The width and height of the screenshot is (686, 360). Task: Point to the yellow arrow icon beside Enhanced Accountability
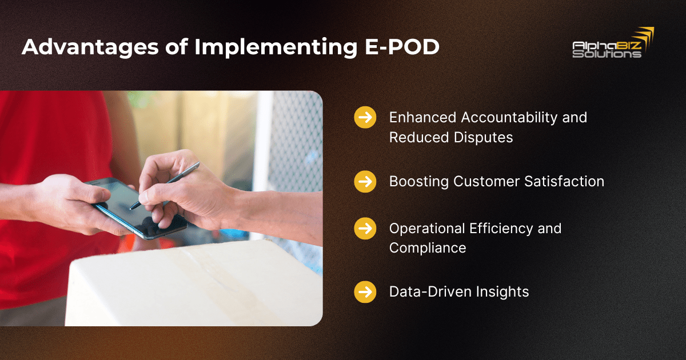(x=365, y=118)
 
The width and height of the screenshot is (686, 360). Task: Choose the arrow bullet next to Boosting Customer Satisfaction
(x=365, y=182)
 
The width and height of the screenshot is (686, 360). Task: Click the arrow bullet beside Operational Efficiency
(x=365, y=229)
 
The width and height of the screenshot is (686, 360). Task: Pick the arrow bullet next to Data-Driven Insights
(x=365, y=292)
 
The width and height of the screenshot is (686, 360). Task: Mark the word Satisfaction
(x=566, y=182)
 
